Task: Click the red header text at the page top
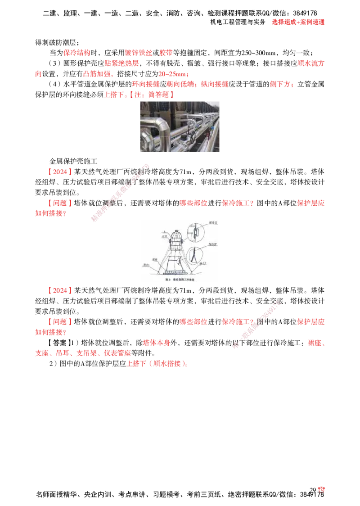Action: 298,22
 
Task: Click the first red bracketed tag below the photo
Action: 59,172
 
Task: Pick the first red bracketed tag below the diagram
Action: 59,291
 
